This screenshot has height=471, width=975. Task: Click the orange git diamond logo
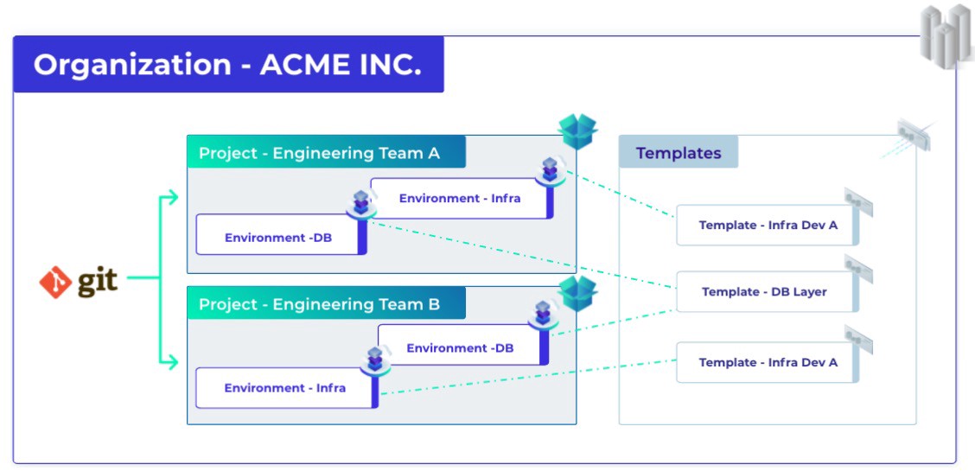[x=55, y=282]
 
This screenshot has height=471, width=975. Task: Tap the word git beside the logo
[x=98, y=282]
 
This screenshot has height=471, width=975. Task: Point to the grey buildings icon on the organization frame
[x=947, y=35]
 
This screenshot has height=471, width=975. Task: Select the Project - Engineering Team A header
[x=326, y=152]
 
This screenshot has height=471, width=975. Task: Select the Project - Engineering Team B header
[x=326, y=304]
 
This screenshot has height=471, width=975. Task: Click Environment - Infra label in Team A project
[x=460, y=198]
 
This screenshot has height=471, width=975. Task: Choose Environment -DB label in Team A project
[x=278, y=238]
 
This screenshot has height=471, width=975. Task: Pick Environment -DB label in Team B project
[x=460, y=348]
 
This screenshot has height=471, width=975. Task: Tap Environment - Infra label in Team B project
[x=284, y=388]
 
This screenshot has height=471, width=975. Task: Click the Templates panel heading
[x=679, y=153]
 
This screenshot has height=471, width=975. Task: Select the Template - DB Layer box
[x=768, y=291]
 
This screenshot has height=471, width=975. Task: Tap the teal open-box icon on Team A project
[x=577, y=130]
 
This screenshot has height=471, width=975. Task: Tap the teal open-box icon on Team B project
[x=577, y=293]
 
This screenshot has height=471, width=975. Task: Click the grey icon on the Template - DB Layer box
[x=858, y=269]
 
